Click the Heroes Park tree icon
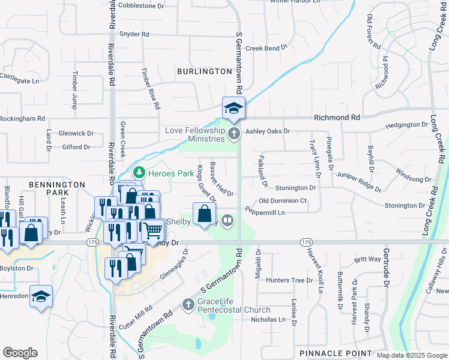coord(139,172)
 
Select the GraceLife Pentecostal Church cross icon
coord(188,305)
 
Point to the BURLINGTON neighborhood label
coord(204,71)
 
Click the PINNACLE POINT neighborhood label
coord(336,353)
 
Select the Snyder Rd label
coord(134,34)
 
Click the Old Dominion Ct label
coord(283,200)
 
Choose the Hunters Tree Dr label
coord(290,280)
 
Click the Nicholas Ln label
coord(268,320)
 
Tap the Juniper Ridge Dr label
coord(359,176)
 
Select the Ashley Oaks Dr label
coord(268,131)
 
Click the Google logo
coord(20,353)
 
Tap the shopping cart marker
coord(152,230)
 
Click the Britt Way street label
coord(367,259)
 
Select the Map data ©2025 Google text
coord(411,355)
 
